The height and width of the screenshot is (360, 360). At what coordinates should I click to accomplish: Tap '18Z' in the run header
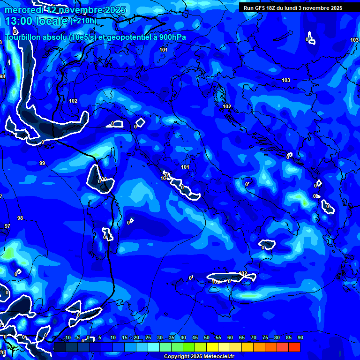tap(272, 8)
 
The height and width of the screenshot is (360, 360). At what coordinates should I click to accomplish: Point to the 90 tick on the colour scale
tap(300, 337)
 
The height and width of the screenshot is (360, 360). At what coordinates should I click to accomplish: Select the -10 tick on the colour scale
tap(67, 337)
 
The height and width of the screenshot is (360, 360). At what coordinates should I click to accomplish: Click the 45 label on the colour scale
tap(195, 337)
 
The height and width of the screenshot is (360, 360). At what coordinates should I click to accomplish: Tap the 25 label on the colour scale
tap(148, 337)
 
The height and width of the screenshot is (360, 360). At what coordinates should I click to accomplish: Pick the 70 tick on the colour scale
tap(254, 337)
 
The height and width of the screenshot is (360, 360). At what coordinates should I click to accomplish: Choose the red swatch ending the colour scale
tap(294, 347)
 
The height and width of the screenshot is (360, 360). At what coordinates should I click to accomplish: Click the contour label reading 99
tap(42, 163)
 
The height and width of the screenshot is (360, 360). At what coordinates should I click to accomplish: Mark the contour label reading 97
tap(7, 226)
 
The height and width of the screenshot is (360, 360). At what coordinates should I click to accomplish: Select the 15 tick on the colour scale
tap(125, 337)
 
